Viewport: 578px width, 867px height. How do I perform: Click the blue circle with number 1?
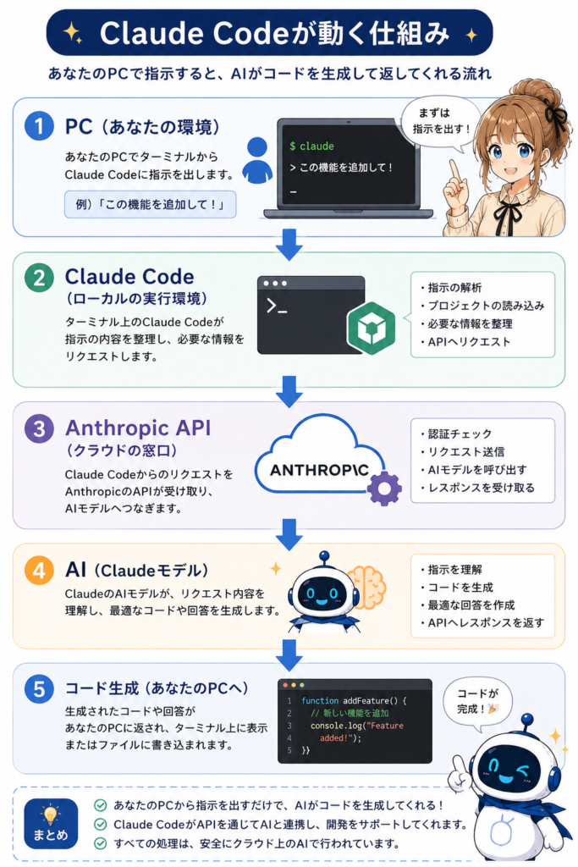tap(39, 126)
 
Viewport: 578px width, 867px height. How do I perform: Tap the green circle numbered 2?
tap(39, 278)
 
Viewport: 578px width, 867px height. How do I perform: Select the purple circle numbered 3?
tap(39, 428)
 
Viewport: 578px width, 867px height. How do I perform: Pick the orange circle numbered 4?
tap(39, 570)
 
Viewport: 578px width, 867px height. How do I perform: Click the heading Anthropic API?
tap(138, 428)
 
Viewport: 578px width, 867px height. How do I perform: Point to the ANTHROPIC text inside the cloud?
tap(319, 471)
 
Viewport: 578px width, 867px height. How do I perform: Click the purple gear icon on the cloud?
tap(384, 489)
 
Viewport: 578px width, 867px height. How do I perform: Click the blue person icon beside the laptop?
tap(257, 160)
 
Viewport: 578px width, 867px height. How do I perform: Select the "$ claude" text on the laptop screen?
tap(311, 146)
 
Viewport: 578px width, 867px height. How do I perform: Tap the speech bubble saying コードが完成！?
tap(478, 702)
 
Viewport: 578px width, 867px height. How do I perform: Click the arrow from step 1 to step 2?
tap(289, 244)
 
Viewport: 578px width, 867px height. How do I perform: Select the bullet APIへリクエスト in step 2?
tap(465, 342)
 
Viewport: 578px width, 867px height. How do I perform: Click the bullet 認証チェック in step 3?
tap(456, 433)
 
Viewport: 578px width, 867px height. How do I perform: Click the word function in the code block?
tap(320, 700)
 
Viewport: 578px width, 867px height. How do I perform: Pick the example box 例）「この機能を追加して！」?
tap(151, 204)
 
